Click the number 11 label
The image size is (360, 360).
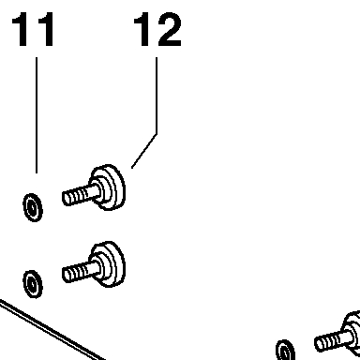33,29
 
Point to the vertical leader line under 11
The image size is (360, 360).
37,115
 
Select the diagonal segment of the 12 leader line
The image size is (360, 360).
144,151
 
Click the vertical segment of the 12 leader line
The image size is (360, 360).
157,96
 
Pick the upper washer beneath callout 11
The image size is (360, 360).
33,207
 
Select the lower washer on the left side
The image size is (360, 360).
33,284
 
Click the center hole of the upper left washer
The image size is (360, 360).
33,208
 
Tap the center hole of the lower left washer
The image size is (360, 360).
33,284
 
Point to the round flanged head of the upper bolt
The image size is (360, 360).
108,187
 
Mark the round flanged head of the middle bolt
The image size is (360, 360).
108,264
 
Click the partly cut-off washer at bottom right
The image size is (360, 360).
285,350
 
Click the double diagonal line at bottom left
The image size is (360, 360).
52,331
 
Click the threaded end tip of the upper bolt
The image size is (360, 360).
66,199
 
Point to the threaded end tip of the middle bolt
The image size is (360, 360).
66,276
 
